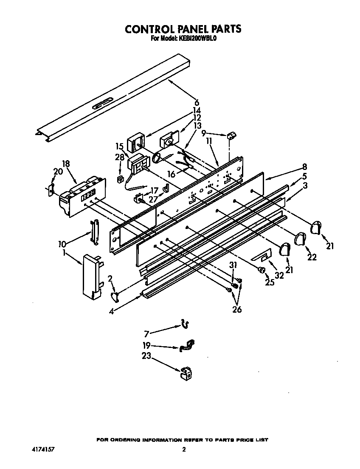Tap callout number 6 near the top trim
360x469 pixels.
[197, 102]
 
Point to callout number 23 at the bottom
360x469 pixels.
[146, 357]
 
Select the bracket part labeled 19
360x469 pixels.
[186, 346]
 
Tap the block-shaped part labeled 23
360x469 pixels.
[185, 373]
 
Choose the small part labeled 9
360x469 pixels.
[231, 136]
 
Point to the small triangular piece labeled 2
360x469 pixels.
[115, 296]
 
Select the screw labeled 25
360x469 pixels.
[262, 269]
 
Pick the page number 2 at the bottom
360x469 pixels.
[183, 449]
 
